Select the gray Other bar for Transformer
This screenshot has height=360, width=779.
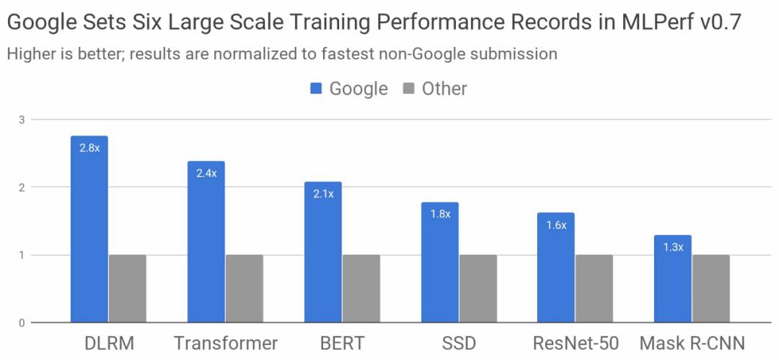245,289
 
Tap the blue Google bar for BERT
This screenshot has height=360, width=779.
323,253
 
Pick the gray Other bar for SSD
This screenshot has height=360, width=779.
478,289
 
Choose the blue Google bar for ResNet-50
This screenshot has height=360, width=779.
556,268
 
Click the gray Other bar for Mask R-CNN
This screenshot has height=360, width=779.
711,289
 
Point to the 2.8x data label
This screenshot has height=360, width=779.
89,149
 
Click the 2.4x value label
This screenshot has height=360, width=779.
206,173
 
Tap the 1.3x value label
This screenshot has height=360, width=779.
673,247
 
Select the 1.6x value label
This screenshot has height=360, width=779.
556,225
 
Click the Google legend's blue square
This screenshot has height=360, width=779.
316,89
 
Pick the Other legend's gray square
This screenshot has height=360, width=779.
408,89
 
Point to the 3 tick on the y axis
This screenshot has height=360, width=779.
22,120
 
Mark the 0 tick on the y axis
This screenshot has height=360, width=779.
22,322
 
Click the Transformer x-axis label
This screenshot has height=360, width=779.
226,343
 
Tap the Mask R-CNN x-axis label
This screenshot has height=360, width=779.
692,343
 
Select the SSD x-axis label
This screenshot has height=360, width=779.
459,343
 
